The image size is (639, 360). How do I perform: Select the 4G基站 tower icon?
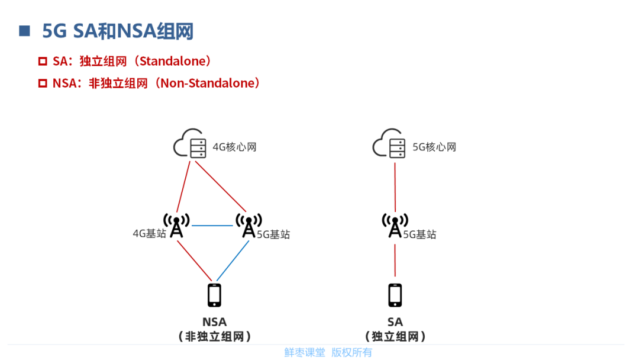[x=176, y=226]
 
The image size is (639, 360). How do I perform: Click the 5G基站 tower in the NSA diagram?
[x=249, y=226]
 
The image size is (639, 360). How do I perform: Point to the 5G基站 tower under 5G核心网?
[x=395, y=226]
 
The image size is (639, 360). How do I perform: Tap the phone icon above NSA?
[x=214, y=295]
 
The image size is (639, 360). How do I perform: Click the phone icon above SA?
[x=395, y=295]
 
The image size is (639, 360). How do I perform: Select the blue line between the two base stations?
[x=212, y=226]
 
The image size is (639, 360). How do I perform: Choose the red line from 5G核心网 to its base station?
[x=395, y=187]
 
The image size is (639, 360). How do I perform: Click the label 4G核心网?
[x=234, y=147]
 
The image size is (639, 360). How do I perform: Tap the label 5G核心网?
[x=434, y=147]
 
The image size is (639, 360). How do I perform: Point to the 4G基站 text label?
[x=149, y=233]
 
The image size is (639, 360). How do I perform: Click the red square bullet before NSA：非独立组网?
[x=43, y=83]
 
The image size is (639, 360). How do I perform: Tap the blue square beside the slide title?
[x=24, y=31]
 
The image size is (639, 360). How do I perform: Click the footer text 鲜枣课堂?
[x=304, y=352]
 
